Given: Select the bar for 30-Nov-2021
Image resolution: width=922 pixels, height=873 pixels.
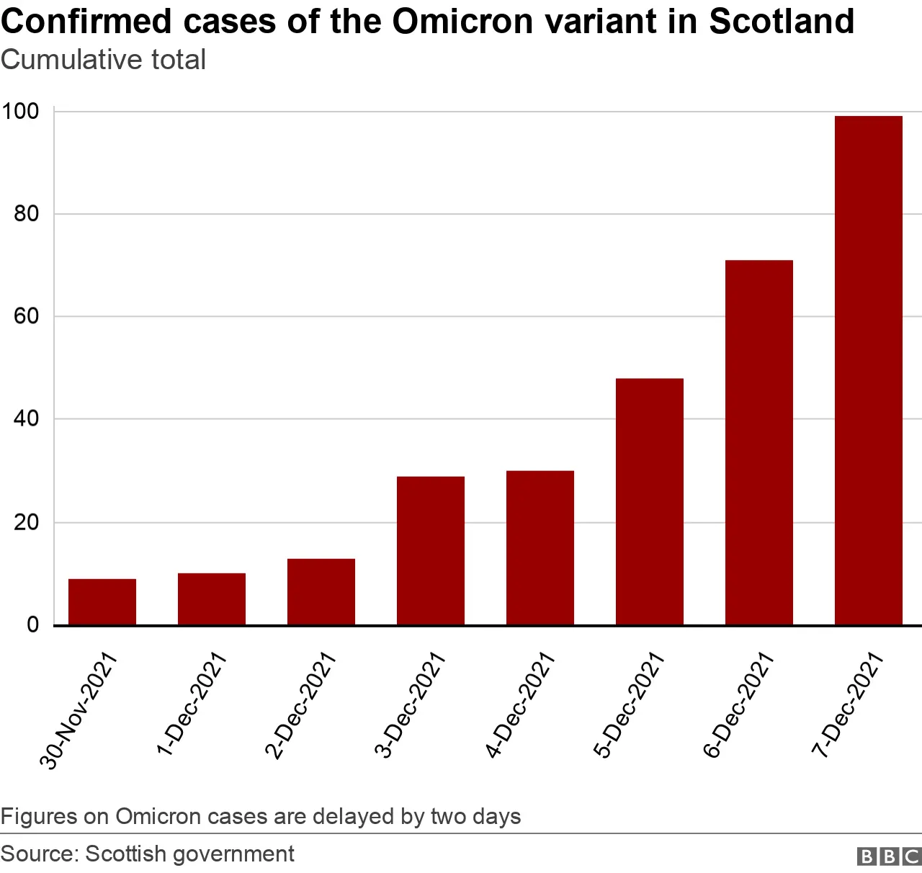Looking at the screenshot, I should pyautogui.click(x=102, y=601).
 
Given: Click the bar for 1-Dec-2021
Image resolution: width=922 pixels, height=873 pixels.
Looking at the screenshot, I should pyautogui.click(x=212, y=599).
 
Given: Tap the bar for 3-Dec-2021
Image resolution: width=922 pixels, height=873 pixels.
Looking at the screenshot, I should pyautogui.click(x=431, y=550).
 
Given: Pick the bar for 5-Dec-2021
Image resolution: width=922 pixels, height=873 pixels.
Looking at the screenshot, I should pyautogui.click(x=650, y=501).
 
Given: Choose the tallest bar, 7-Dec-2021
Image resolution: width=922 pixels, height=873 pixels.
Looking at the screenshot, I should pyautogui.click(x=869, y=370).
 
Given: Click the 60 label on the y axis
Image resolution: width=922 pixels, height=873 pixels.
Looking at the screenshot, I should pyautogui.click(x=26, y=316).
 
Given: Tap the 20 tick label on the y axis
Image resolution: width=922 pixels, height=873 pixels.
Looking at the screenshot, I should pyautogui.click(x=26, y=522).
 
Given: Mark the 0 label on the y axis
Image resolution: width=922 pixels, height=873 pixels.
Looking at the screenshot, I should pyautogui.click(x=32, y=624).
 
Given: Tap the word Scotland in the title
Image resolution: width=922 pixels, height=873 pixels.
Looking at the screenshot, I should pyautogui.click(x=782, y=22).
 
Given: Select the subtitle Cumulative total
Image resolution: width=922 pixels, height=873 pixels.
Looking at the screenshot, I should pyautogui.click(x=104, y=60).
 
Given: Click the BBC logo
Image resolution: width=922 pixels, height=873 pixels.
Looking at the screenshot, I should pyautogui.click(x=889, y=856).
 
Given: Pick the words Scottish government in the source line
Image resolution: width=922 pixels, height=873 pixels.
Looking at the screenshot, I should pyautogui.click(x=189, y=854).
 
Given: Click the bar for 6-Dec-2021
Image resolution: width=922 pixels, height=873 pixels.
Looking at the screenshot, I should pyautogui.click(x=759, y=442).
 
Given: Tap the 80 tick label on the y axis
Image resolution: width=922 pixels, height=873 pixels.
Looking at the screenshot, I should pyautogui.click(x=26, y=214).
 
